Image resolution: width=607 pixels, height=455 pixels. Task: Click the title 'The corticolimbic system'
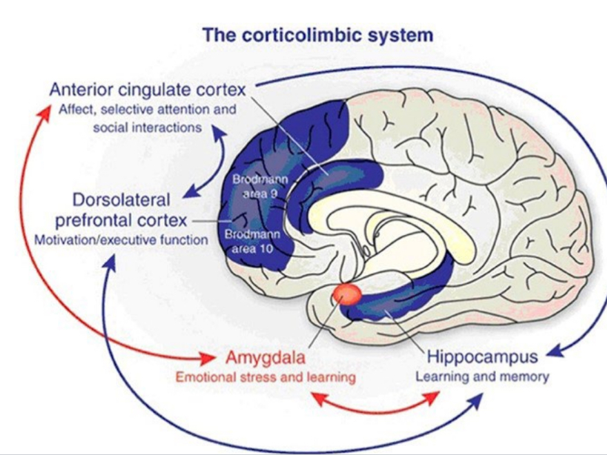[x=318, y=34]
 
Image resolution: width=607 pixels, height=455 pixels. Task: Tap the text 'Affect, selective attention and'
[x=146, y=110]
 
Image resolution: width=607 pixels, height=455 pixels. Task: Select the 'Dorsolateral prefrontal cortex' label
[x=121, y=210]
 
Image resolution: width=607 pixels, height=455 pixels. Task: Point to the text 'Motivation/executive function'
[x=121, y=240]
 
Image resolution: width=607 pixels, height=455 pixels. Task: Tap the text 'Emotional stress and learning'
[x=266, y=377]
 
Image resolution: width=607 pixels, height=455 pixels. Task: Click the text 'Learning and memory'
[x=481, y=376]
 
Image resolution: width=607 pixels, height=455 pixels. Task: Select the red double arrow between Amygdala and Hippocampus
[x=375, y=402]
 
